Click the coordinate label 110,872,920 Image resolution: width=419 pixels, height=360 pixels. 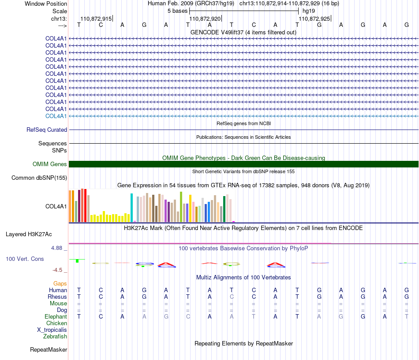pos(205,19)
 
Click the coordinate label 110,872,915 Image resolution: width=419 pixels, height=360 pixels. pos(96,19)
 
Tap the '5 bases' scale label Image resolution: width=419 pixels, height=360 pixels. pos(177,11)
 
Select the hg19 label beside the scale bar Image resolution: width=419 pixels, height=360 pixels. pos(309,11)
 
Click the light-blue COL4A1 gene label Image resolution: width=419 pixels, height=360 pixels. pos(56,116)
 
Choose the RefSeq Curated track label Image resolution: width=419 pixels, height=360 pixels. pos(47,130)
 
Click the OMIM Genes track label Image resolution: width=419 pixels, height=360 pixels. pos(50,164)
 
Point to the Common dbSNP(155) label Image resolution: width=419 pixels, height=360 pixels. pos(39,178)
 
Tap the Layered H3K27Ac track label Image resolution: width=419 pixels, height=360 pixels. pos(29,234)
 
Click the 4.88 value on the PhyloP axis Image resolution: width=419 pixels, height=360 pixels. pos(56,248)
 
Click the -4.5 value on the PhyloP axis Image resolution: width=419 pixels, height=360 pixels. pos(57,270)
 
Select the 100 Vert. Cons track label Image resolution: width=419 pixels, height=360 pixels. pos(25,259)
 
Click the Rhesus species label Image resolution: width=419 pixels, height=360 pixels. pos(57,297)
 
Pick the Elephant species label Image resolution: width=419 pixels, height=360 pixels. pos(56,316)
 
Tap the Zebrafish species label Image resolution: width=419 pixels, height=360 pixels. pos(55,337)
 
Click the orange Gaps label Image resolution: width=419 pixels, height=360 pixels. pos(60,284)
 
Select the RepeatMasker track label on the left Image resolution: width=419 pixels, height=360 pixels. pos(49,350)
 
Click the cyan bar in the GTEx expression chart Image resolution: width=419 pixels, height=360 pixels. pos(131,208)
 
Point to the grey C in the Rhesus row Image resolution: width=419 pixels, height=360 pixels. pos(232,297)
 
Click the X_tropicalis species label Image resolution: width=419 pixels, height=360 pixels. pos(52,330)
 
